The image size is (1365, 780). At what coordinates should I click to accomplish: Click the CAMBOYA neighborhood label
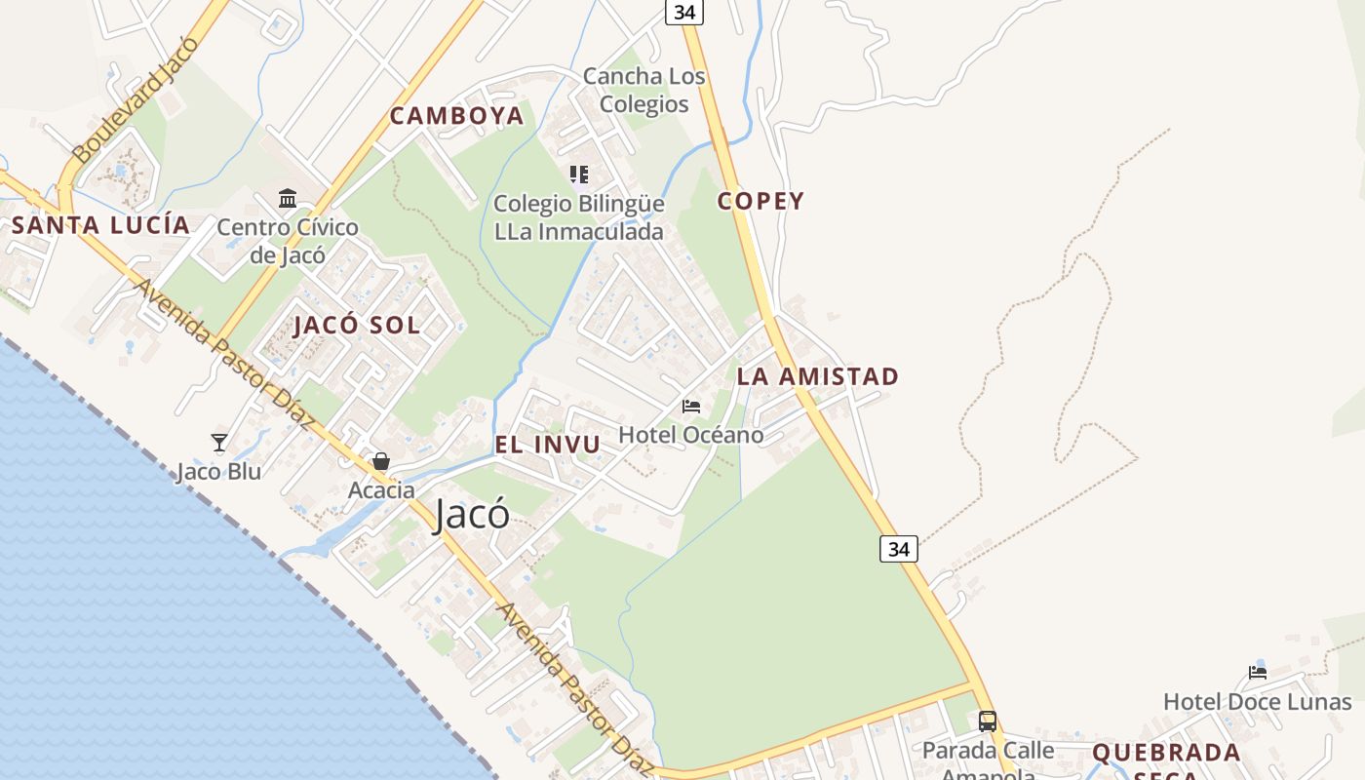click(456, 116)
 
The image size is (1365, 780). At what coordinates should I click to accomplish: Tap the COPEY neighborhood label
click(760, 201)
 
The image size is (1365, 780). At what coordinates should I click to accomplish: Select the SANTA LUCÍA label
click(100, 225)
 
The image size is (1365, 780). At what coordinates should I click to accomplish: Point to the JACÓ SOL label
click(357, 326)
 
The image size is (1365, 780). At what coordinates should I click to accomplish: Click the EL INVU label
click(547, 445)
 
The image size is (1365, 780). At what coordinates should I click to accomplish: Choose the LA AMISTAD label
click(817, 376)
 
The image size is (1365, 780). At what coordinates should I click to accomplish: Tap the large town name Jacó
click(472, 514)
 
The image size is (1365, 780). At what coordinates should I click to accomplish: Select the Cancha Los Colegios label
click(643, 90)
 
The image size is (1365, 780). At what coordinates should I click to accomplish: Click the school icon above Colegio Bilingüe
click(579, 175)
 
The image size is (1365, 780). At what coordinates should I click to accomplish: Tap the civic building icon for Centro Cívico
click(288, 199)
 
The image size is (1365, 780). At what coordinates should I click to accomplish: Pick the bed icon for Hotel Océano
click(691, 407)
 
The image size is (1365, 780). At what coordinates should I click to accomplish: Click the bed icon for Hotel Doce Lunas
click(1258, 672)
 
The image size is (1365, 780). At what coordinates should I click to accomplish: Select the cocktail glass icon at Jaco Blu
click(219, 443)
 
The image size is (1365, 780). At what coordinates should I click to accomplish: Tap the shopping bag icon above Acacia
click(381, 461)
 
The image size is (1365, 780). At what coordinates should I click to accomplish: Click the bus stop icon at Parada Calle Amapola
click(988, 721)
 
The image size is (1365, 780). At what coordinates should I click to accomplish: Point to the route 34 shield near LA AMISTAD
click(898, 549)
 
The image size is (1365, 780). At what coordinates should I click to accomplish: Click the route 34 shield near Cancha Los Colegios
click(684, 12)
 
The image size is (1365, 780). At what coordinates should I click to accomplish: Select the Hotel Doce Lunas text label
click(1257, 702)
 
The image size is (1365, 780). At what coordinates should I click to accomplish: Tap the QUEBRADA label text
click(1166, 753)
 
